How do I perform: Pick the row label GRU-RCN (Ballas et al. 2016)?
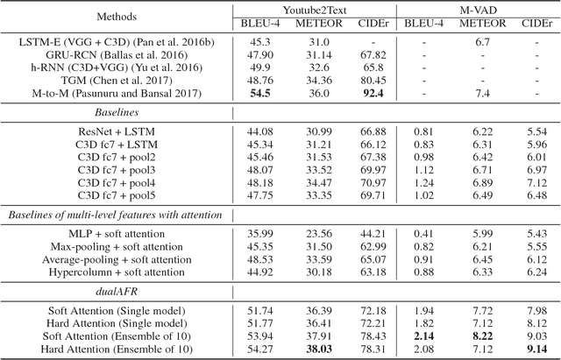click(x=115, y=53)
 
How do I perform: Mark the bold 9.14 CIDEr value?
click(x=533, y=349)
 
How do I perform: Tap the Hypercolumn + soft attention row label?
click(x=115, y=272)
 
